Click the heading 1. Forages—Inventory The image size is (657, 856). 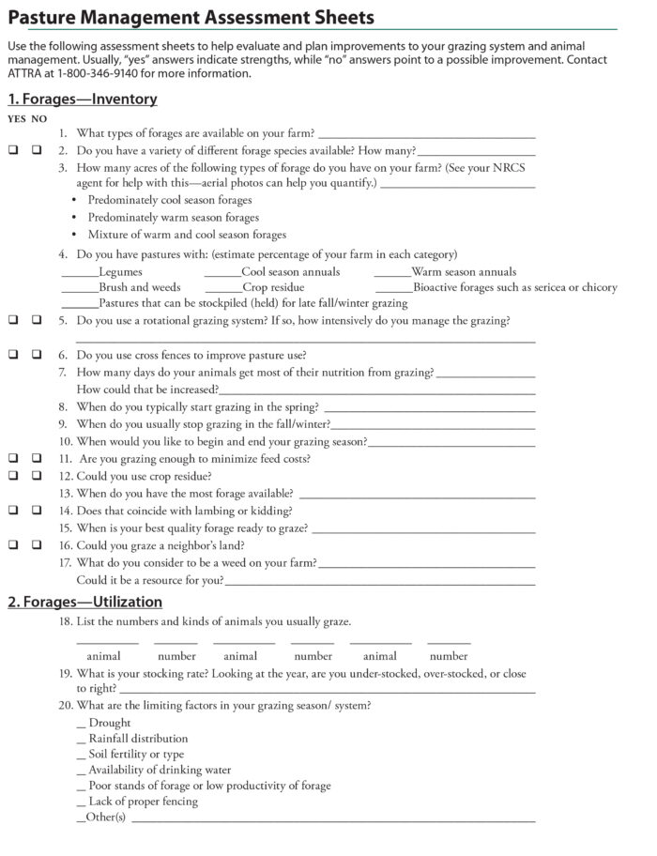coord(83,99)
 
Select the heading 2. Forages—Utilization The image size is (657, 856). coord(85,602)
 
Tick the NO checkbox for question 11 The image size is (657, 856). coord(37,459)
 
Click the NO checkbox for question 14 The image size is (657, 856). coord(37,511)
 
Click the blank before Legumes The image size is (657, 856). coord(80,274)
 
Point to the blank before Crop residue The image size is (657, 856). coord(222,289)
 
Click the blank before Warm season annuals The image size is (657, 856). coord(391,274)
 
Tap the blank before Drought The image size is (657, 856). coord(81,724)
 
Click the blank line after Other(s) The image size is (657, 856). coord(332,818)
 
